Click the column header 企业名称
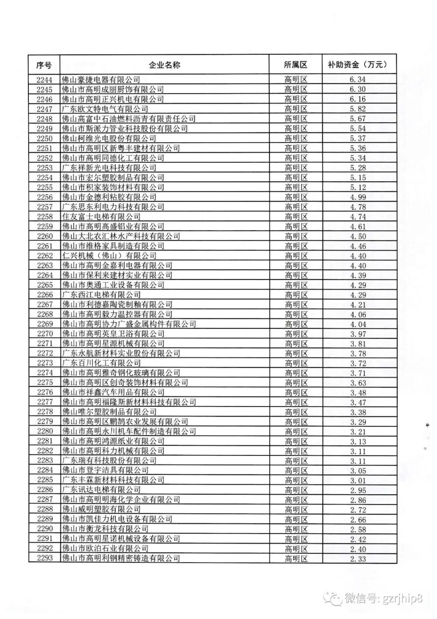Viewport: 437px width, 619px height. click(164, 65)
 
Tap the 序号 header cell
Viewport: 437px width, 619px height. click(44, 65)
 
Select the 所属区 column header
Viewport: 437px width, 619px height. click(295, 65)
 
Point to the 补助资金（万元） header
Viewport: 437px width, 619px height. click(358, 65)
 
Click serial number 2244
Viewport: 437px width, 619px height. click(44, 80)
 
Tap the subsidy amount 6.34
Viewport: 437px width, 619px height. click(358, 80)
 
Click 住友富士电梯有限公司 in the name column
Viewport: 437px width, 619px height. click(101, 217)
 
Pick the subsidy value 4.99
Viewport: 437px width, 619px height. click(358, 197)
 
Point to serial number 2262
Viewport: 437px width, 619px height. click(44, 256)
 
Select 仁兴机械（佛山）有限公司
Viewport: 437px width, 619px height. click(109, 256)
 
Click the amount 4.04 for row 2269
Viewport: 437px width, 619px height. click(358, 324)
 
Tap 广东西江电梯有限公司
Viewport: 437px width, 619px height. click(101, 295)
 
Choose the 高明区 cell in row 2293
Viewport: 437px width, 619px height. click(296, 559)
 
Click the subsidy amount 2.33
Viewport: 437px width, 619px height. click(358, 559)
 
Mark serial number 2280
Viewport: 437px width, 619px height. click(44, 432)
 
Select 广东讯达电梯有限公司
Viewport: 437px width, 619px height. click(101, 490)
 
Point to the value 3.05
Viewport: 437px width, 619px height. click(358, 470)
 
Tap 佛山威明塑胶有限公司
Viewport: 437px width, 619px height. click(101, 509)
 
